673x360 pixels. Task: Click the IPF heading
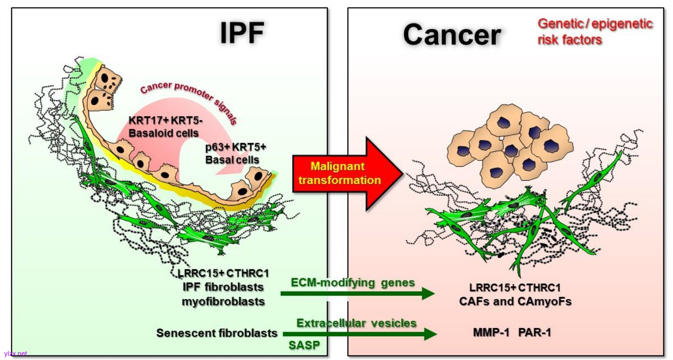pos(242,33)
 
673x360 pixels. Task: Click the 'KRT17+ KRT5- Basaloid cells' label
pos(165,127)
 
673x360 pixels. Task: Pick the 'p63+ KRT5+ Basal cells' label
pos(235,153)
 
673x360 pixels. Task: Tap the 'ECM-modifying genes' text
pos(352,282)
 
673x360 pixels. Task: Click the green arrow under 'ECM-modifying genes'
pos(357,293)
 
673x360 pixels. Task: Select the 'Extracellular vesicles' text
pos(356,323)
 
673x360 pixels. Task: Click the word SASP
pos(304,345)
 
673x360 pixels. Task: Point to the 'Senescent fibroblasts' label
pos(217,333)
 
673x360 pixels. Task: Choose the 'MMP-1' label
pos(491,333)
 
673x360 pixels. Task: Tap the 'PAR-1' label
pos(534,333)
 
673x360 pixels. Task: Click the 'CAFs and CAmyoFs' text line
pos(515,302)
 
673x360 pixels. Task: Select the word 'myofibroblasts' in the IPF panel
pos(223,302)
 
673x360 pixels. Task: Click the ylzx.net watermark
pos(16,354)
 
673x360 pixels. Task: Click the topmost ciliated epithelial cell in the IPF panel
pos(108,80)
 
